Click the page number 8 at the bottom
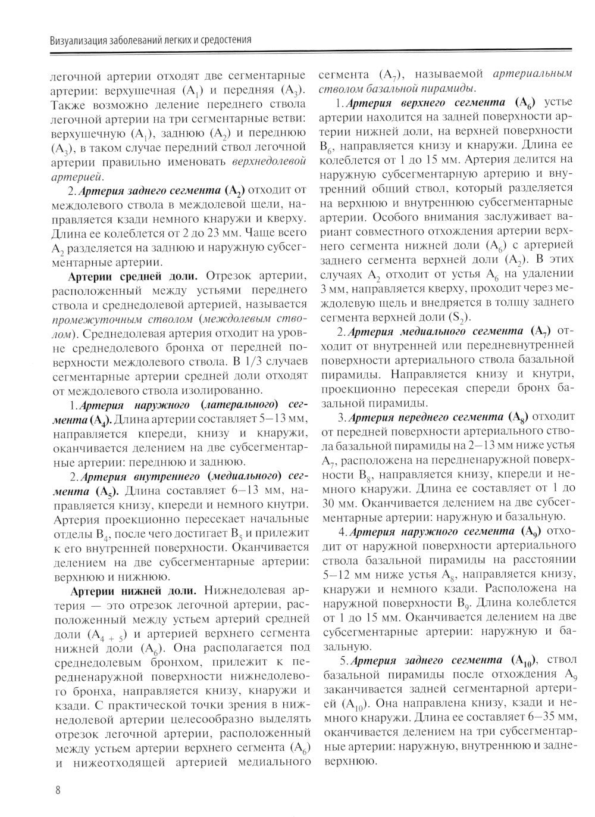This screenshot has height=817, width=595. [x=58, y=791]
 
